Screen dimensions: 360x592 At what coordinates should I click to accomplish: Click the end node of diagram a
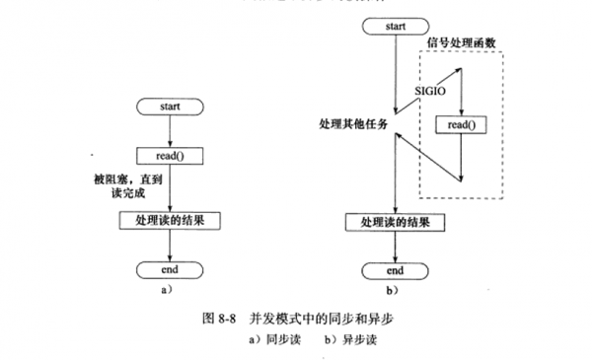[172, 268]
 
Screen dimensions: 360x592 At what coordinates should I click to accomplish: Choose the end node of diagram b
[395, 270]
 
